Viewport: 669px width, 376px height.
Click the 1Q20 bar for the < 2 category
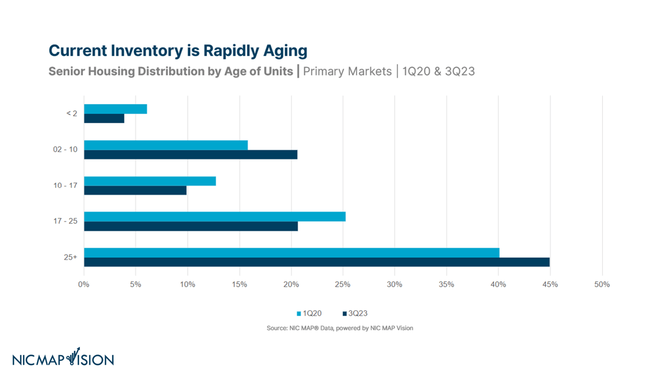click(116, 109)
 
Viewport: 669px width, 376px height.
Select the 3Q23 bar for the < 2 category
click(104, 118)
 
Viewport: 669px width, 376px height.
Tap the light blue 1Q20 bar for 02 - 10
click(166, 145)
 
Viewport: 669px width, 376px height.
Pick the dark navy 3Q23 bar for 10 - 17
click(135, 191)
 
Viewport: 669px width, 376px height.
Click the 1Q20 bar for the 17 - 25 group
click(215, 216)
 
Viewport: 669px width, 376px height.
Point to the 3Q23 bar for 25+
click(317, 262)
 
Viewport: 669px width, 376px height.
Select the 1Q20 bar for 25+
click(292, 253)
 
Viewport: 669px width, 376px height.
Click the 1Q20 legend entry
click(309, 313)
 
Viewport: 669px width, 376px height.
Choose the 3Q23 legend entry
click(355, 313)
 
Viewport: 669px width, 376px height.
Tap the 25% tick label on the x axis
click(343, 285)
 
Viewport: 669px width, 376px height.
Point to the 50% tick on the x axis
click(602, 285)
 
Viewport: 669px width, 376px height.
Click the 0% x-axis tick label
click(84, 285)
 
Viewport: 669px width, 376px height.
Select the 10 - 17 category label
click(65, 185)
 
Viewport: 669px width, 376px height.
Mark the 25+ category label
click(70, 257)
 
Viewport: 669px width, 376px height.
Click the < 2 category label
click(72, 113)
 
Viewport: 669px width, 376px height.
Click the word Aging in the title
click(285, 51)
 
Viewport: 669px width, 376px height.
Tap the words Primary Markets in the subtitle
click(347, 71)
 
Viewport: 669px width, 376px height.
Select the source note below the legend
click(340, 328)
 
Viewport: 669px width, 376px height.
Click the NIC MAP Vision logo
click(63, 357)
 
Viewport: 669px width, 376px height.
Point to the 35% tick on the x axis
click(446, 285)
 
